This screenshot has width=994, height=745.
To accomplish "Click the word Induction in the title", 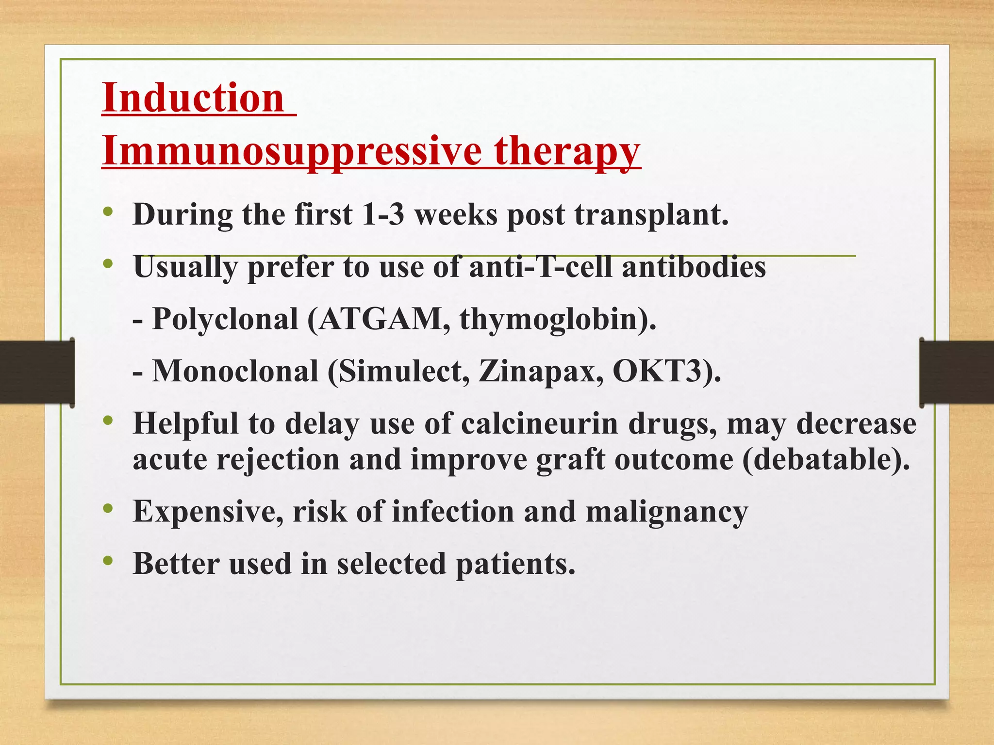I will (x=193, y=97).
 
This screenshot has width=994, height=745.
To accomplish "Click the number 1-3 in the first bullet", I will (x=383, y=214).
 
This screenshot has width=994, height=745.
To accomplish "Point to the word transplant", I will (x=651, y=215).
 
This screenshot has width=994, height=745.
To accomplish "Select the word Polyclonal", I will (x=225, y=320).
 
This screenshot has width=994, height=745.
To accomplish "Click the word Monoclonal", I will (x=235, y=372).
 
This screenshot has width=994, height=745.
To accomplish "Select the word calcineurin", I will (x=539, y=423).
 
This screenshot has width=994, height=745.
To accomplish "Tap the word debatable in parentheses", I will (x=825, y=459).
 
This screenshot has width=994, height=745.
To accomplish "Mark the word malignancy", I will (x=667, y=512).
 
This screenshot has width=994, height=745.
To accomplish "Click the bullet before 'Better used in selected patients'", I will (x=108, y=562).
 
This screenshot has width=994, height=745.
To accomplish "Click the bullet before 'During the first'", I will (x=108, y=212).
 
